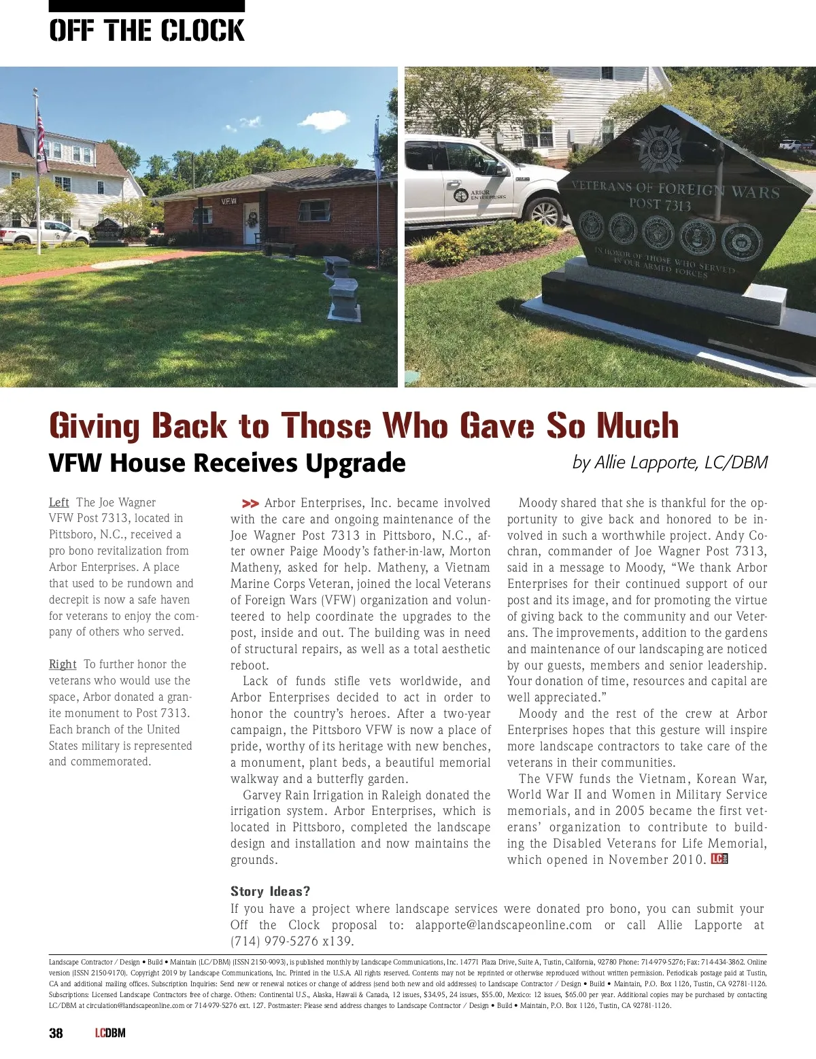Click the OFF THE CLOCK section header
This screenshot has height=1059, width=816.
click(x=146, y=31)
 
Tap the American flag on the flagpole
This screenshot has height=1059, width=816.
click(x=41, y=139)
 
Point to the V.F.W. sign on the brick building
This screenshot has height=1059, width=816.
click(x=229, y=201)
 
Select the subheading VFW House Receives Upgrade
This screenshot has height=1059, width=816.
click(x=227, y=463)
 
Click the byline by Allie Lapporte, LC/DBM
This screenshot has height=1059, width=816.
click(x=670, y=463)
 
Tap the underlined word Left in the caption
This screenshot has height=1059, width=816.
click(x=58, y=502)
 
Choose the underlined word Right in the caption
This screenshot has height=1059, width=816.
click(x=63, y=664)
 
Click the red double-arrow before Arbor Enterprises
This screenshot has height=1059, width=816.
click(x=250, y=504)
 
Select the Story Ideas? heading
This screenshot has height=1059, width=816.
click(x=270, y=891)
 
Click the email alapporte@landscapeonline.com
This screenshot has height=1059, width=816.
click(x=503, y=925)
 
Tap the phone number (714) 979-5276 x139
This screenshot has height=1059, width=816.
click(x=292, y=941)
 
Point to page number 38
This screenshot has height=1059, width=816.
click(x=56, y=1033)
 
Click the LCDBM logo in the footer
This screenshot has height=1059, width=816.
click(x=110, y=1033)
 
